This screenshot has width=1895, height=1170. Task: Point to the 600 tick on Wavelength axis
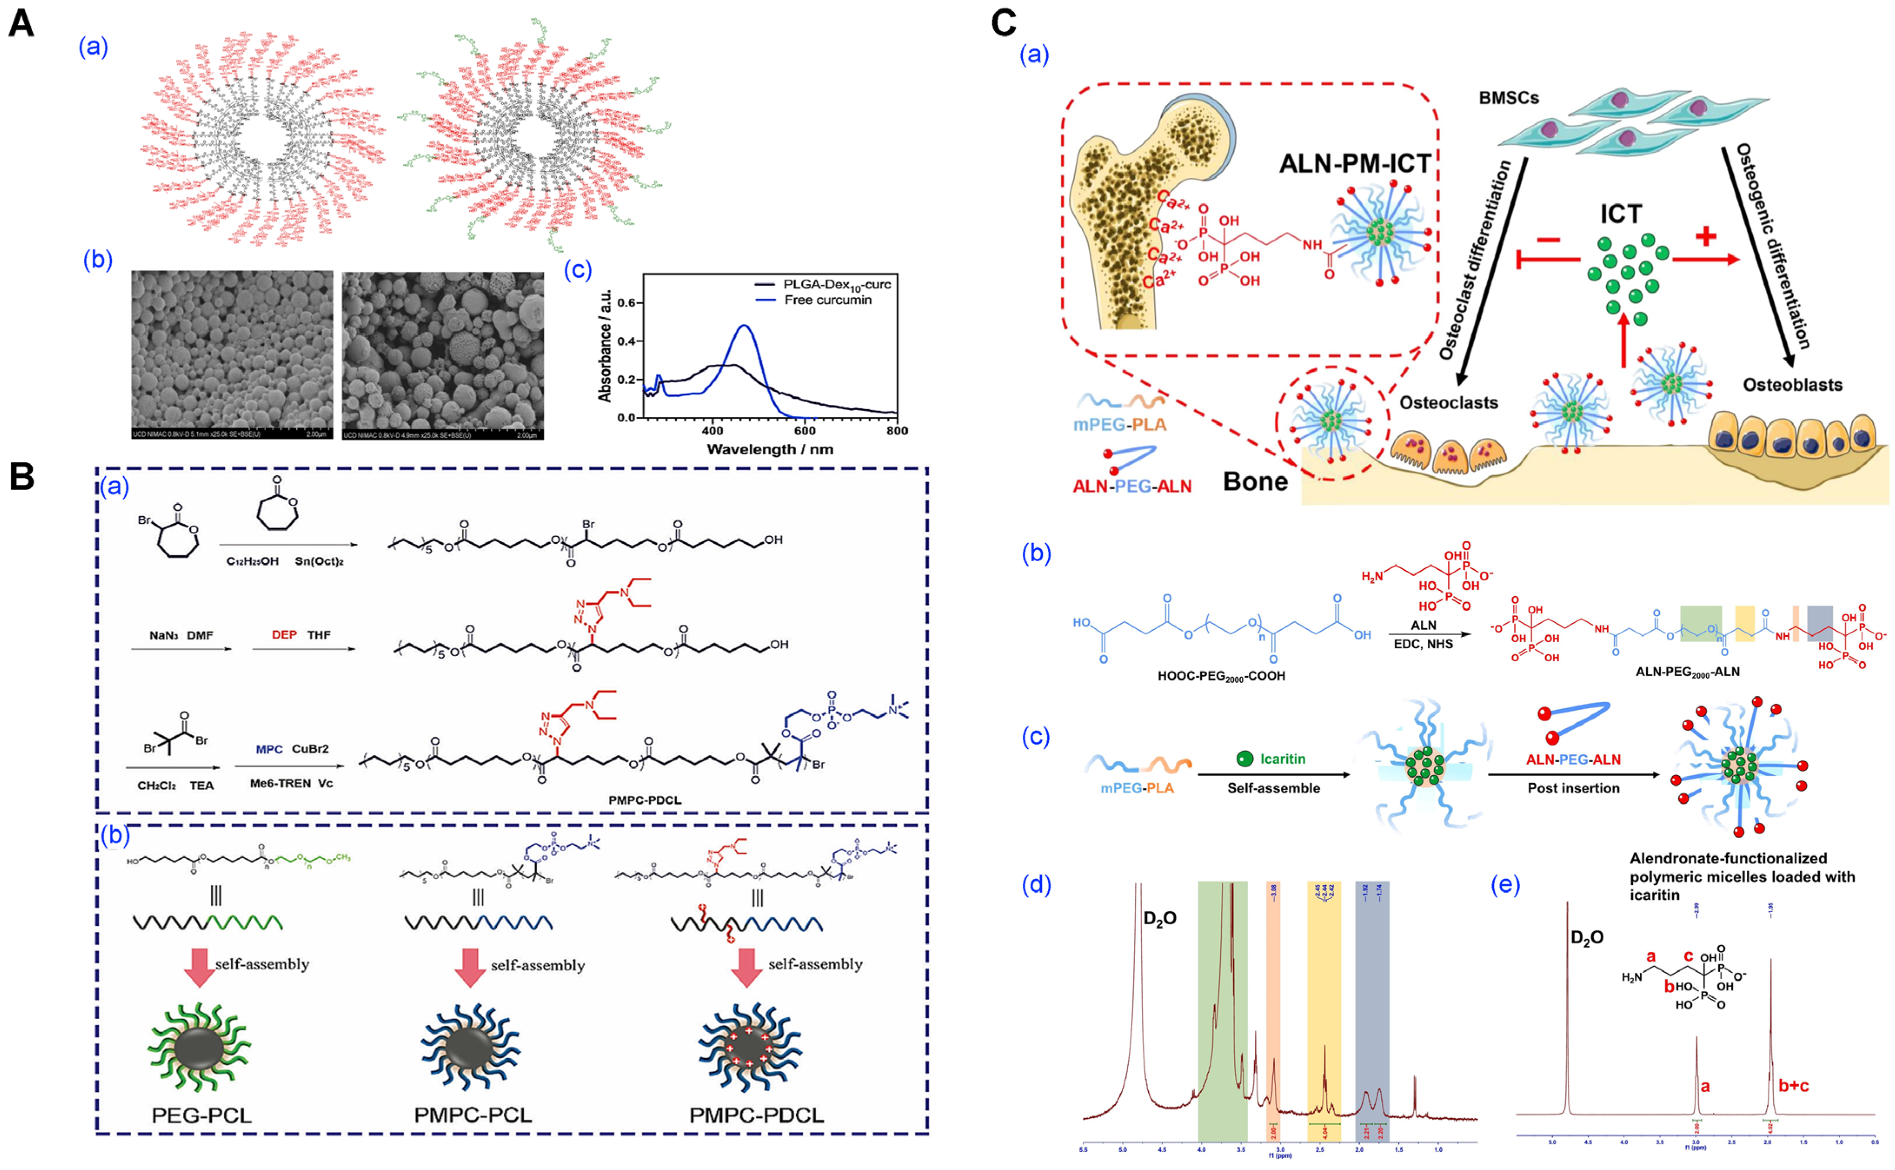805,431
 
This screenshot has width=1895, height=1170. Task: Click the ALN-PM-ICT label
1355,164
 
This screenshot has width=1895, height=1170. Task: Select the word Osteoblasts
1792,385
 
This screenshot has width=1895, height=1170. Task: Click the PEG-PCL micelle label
201,1115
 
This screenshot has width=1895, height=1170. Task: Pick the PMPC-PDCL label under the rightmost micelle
756,1115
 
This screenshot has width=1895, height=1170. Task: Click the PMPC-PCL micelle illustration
470,1049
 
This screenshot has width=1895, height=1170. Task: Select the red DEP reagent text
284,634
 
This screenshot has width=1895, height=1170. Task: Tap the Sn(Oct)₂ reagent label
319,561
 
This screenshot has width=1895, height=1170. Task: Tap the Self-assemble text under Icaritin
1273,788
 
